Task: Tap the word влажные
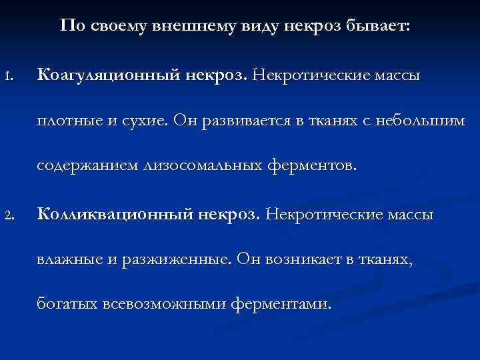click(66, 260)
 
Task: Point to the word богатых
click(67, 305)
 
